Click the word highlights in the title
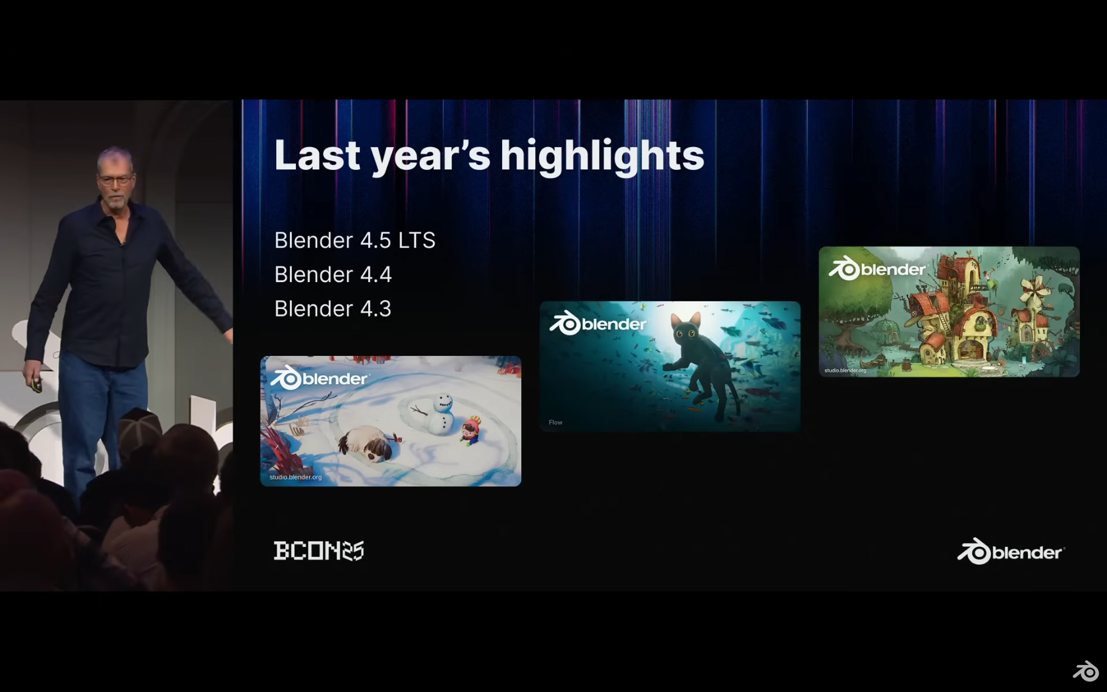tap(602, 156)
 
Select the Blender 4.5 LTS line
tap(355, 240)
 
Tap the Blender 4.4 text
tap(333, 274)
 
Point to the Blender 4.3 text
tap(333, 308)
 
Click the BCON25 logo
tap(319, 551)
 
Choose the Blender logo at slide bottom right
tap(1011, 551)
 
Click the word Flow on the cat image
tap(555, 422)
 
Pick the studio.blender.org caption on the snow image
tap(295, 477)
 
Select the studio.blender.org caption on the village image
tap(845, 370)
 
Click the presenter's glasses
tap(116, 179)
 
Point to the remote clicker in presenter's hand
tap(36, 384)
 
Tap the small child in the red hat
tap(470, 430)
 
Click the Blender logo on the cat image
tap(598, 323)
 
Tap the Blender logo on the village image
tap(877, 269)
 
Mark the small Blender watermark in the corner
tap(1085, 671)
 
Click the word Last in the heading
tap(318, 156)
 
